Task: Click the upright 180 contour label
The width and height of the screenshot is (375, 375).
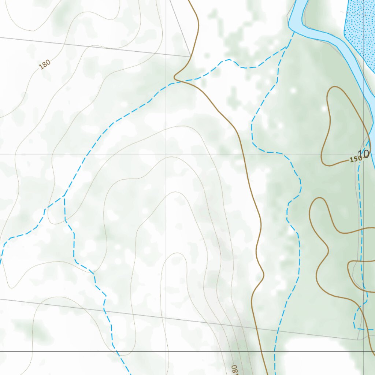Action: pos(45,64)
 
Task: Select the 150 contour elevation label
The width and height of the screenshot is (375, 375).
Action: pos(355,159)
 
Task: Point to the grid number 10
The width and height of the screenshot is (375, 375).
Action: pos(364,154)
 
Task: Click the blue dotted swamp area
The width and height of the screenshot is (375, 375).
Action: pos(359,29)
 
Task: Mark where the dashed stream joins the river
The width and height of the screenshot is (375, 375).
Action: pos(294,32)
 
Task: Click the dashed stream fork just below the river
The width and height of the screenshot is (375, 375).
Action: pos(286,47)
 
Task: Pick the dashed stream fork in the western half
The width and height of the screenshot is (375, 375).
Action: pos(64,196)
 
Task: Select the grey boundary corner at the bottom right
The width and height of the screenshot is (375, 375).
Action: pos(359,340)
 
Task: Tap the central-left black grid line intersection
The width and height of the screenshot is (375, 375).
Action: pos(166,154)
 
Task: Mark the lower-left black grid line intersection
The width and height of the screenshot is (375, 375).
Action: pos(166,351)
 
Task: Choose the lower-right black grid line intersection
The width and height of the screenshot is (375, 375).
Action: pos(363,351)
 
